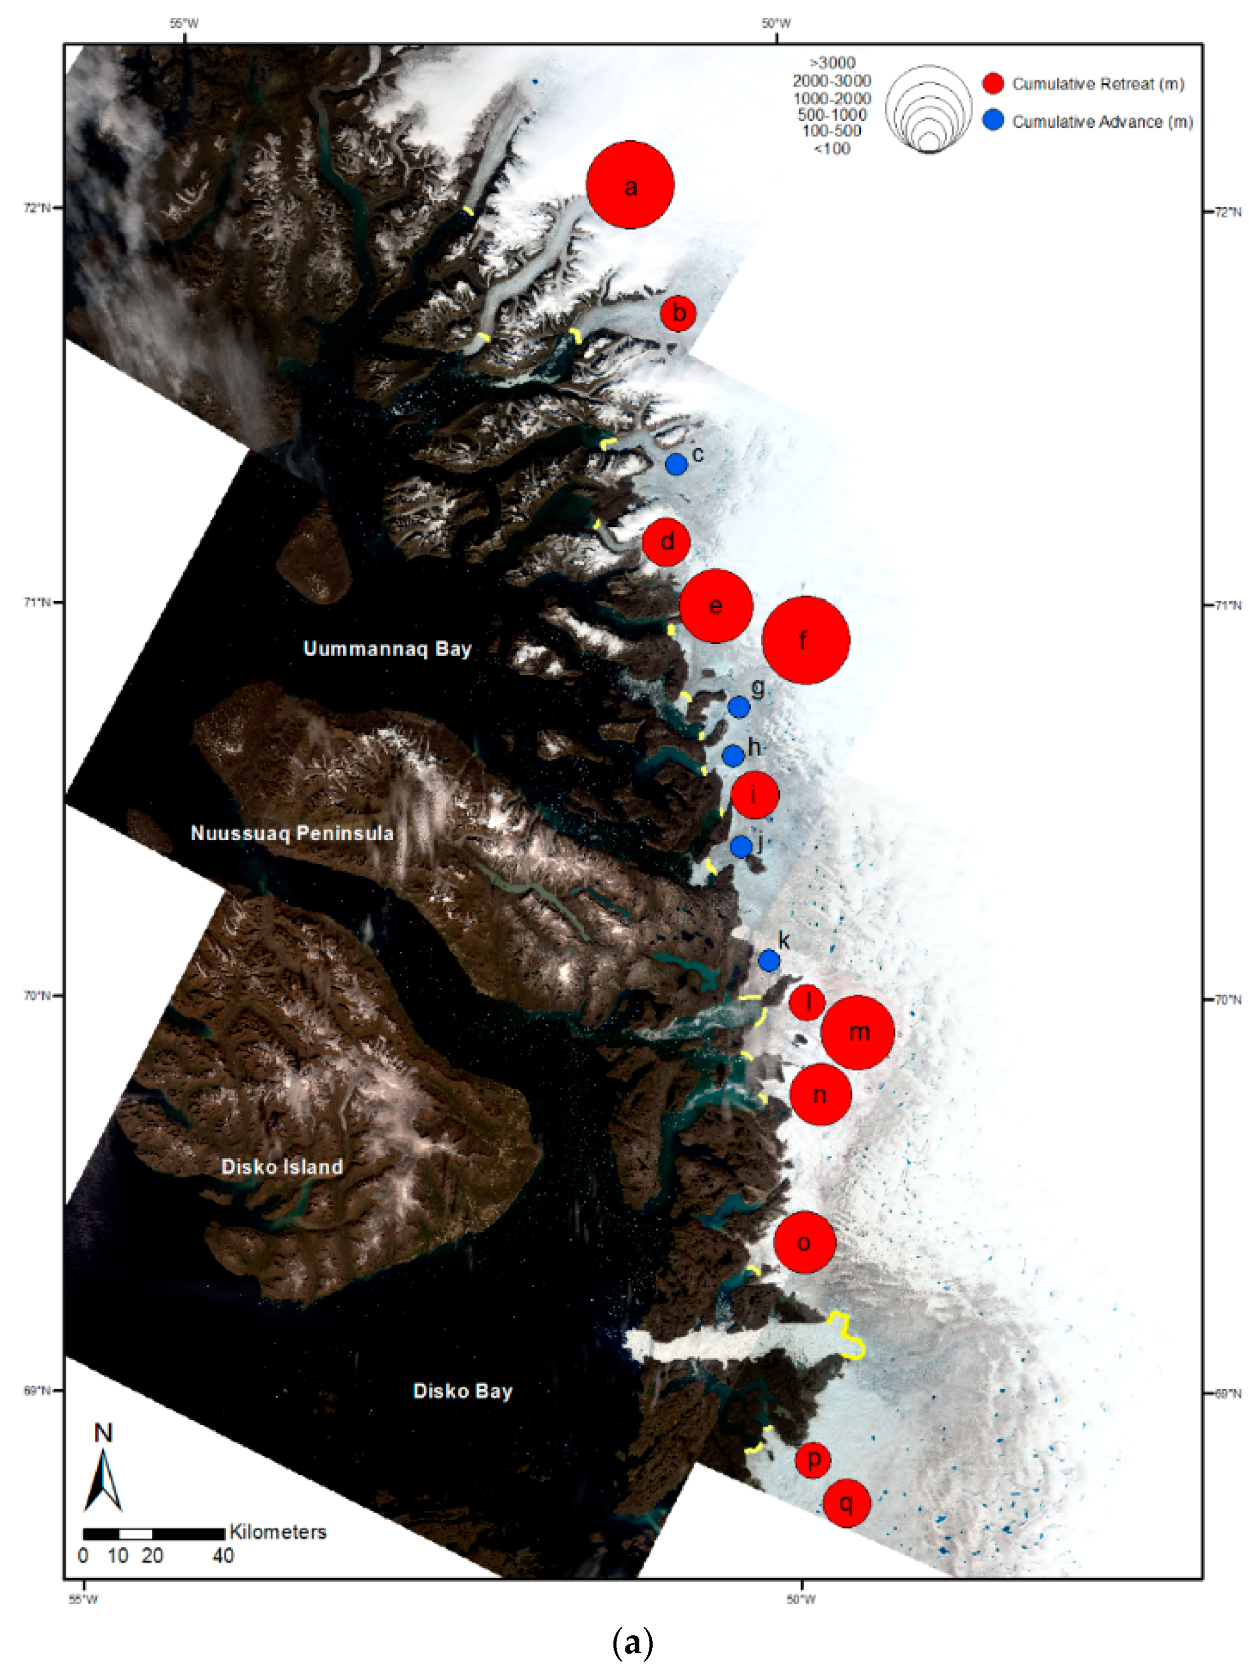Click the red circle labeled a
pyautogui.click(x=630, y=185)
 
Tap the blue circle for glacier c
pyautogui.click(x=676, y=464)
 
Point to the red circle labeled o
pyautogui.click(x=804, y=1242)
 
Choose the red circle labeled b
pyautogui.click(x=678, y=312)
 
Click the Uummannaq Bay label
pyautogui.click(x=387, y=649)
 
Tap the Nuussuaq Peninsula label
pyautogui.click(x=292, y=833)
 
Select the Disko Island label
pyautogui.click(x=282, y=1167)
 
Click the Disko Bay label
pyautogui.click(x=463, y=1391)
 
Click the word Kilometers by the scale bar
pyautogui.click(x=278, y=1532)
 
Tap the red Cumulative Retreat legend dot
pyautogui.click(x=993, y=84)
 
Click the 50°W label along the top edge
pyautogui.click(x=776, y=23)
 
